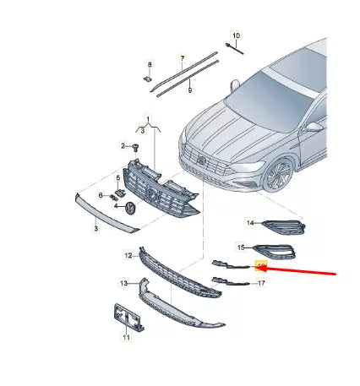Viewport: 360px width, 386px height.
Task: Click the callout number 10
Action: pos(236,35)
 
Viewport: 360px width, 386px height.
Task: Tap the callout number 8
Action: pos(150,65)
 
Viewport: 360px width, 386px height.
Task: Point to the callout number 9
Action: pos(190,89)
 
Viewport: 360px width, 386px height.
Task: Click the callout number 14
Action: pos(250,223)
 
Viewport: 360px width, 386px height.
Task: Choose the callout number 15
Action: pos(241,247)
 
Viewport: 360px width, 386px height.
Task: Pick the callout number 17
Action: pos(262,284)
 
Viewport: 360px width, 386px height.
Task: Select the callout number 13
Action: pos(123,284)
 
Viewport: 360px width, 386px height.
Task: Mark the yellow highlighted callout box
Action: pos(260,267)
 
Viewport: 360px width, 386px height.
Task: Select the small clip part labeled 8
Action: pos(148,80)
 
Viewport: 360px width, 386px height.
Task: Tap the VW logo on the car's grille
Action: pos(202,158)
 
